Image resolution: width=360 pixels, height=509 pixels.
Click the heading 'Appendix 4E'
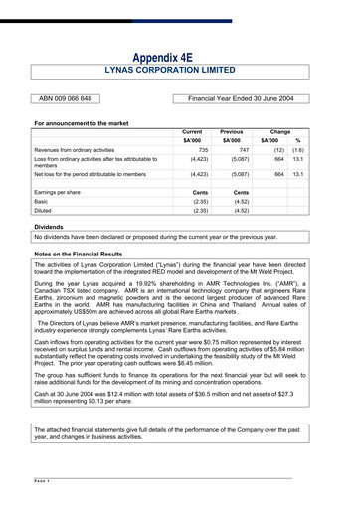tap(180, 57)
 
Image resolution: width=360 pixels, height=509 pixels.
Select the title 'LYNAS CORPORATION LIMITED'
tap(180, 72)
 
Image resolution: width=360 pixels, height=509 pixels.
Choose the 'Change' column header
tap(280, 131)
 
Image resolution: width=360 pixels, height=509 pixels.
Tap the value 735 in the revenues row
tap(200, 149)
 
